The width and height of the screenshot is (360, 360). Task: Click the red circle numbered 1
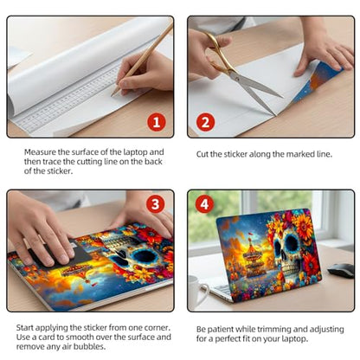(x=157, y=122)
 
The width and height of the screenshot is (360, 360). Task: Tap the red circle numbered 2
(x=205, y=122)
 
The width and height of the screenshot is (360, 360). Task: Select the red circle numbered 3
(x=156, y=204)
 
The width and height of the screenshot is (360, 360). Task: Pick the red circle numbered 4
(x=204, y=204)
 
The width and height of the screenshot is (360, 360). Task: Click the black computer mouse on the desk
(x=341, y=270)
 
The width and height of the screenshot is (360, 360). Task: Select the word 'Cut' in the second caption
(x=202, y=154)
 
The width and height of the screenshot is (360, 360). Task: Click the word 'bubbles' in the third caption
(x=89, y=346)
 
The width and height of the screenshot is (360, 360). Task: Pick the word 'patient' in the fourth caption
(x=221, y=330)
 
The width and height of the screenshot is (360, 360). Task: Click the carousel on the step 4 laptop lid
(x=253, y=258)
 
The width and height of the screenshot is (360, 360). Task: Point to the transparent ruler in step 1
(x=67, y=101)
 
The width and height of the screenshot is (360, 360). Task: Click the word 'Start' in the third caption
(x=25, y=328)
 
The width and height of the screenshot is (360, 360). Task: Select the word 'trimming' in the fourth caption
(x=274, y=330)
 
